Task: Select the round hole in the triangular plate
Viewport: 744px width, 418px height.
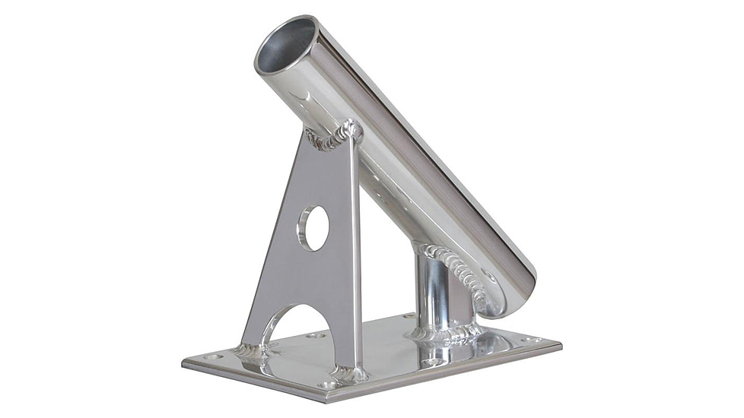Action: tap(313, 227)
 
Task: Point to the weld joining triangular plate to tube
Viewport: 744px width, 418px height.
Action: tap(335, 137)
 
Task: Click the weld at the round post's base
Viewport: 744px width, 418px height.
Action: tap(445, 332)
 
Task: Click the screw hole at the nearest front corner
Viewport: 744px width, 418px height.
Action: tap(329, 385)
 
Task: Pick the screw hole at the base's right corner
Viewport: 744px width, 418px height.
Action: tap(530, 339)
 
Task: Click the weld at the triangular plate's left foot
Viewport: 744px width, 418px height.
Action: tap(250, 351)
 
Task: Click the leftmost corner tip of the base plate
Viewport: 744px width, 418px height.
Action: tap(183, 363)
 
